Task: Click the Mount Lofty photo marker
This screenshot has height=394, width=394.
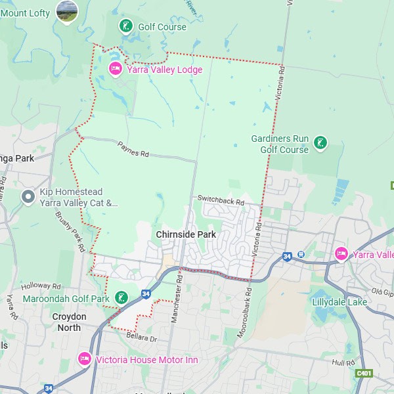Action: point(67,11)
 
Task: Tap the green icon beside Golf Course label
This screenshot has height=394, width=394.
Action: point(125,26)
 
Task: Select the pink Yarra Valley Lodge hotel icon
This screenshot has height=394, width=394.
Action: point(116,69)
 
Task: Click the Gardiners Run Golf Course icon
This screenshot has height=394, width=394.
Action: point(320,142)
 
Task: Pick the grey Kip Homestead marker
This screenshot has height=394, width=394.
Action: point(28,196)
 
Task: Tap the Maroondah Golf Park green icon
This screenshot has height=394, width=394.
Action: point(121,298)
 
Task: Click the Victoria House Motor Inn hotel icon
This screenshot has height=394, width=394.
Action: point(84,359)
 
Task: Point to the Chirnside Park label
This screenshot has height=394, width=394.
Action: point(186,234)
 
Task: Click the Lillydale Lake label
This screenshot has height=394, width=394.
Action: point(340,302)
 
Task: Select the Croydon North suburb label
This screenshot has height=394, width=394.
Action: point(70,322)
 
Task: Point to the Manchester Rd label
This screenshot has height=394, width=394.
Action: point(176,309)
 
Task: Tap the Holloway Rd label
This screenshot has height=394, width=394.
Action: point(41,286)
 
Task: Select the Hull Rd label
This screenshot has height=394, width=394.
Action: point(343,362)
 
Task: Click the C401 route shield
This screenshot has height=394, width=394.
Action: point(363,373)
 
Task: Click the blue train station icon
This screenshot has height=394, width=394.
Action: point(301,254)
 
